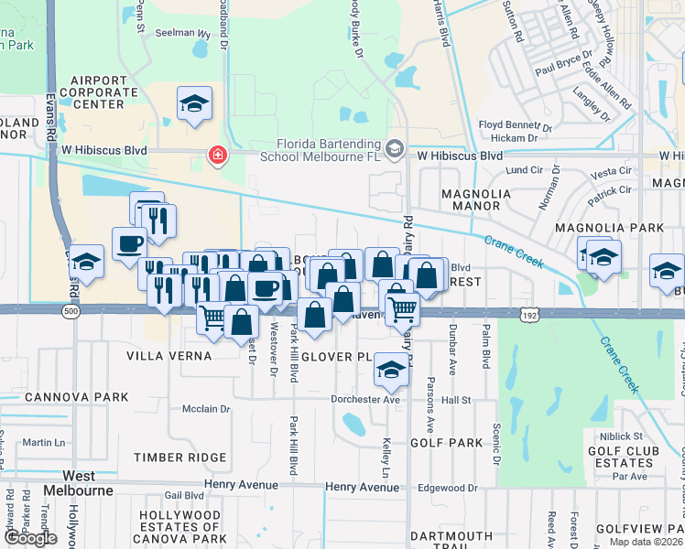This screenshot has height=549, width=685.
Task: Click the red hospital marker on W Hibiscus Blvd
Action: [x=218, y=156]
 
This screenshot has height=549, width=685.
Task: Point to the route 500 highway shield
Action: [x=71, y=311]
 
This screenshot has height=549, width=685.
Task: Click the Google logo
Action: [x=29, y=538]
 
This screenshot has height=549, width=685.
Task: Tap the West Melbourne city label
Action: [x=88, y=483]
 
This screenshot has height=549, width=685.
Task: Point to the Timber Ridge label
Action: [x=180, y=457]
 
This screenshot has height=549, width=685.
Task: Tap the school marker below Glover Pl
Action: [x=391, y=371]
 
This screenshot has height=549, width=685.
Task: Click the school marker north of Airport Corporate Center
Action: [x=195, y=103]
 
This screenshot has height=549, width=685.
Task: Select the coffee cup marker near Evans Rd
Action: [x=129, y=244]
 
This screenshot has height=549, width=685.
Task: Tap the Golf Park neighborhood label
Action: [x=446, y=442]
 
